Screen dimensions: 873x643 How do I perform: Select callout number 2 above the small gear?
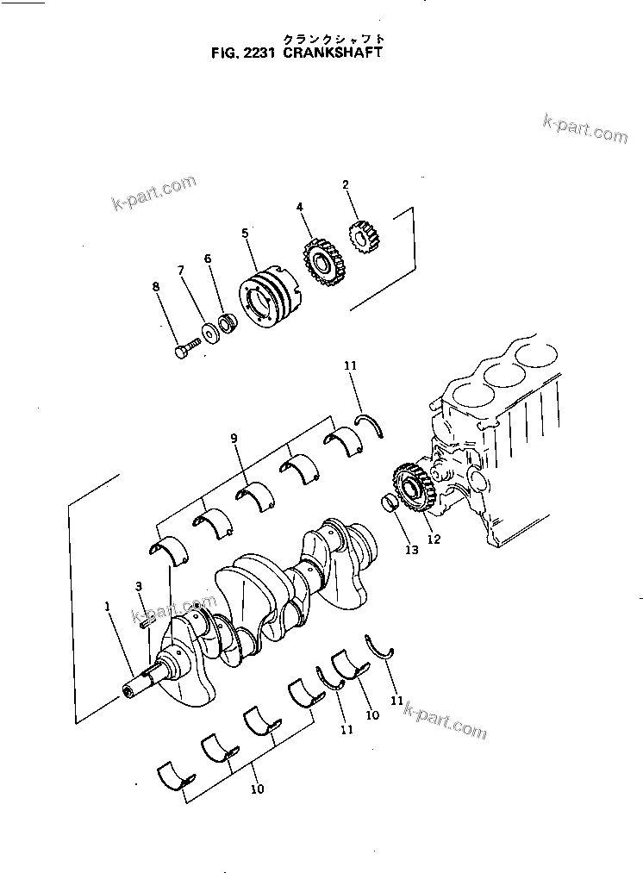click(x=345, y=184)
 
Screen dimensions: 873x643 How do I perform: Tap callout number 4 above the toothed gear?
click(x=299, y=207)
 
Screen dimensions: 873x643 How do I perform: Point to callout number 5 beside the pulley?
click(x=245, y=233)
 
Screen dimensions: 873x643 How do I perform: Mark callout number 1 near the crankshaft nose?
click(x=108, y=606)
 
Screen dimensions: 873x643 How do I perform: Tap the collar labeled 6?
click(x=228, y=324)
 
